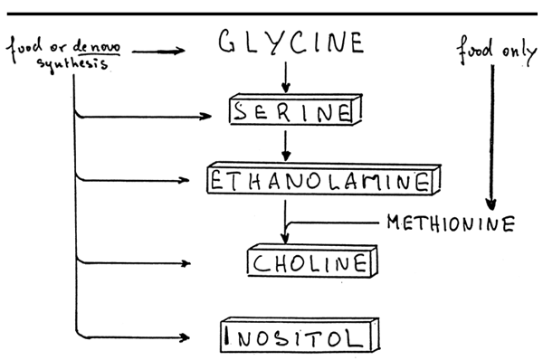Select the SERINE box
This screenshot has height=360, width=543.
coord(291,111)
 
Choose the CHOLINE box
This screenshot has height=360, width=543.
coord(310,263)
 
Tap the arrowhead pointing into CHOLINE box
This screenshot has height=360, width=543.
coord(286,239)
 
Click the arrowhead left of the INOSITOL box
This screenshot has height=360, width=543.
coord(186,338)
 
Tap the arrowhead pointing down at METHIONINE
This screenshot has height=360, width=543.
coord(491,204)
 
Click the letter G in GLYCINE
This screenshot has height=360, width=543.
coord(226,43)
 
